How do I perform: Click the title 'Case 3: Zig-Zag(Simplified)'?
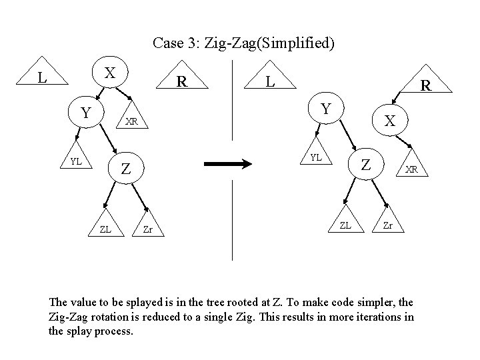[243, 44]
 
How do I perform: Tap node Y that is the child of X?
[85, 113]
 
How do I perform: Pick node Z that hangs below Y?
[125, 170]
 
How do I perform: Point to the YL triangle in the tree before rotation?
[77, 161]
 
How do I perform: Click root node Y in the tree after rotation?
[325, 109]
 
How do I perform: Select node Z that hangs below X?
[366, 164]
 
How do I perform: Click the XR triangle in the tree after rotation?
[412, 169]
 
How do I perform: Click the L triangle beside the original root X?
[43, 77]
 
